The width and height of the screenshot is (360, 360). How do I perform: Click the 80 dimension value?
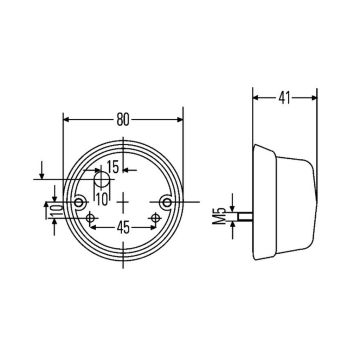point(123,119)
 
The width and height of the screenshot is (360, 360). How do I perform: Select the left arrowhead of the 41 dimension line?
point(255,99)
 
